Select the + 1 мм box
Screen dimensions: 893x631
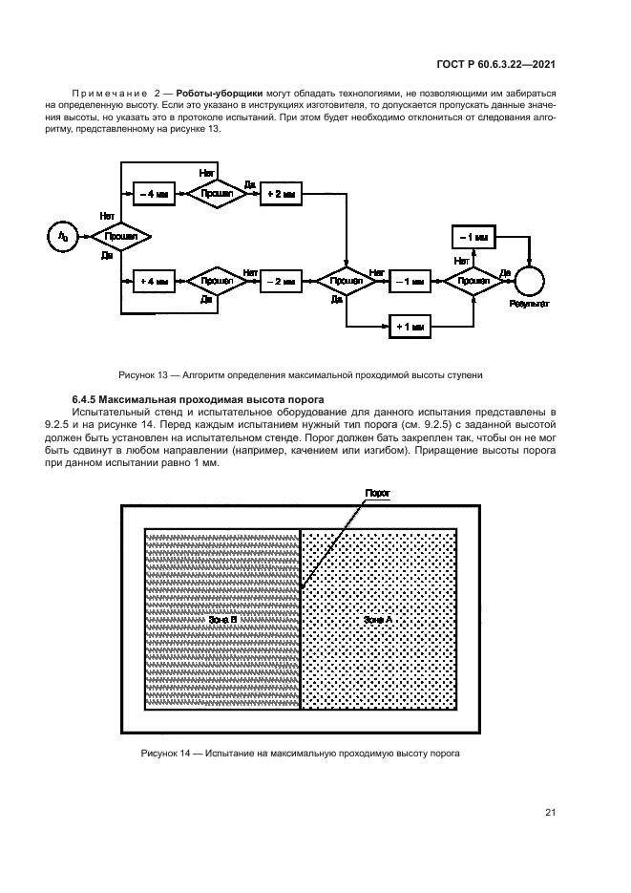coord(410,326)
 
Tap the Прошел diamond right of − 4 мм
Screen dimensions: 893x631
coord(215,192)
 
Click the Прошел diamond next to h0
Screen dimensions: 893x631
coord(119,235)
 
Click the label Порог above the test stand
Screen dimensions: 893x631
coord(378,493)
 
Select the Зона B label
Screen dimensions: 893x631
coord(222,620)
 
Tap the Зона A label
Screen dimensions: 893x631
coord(378,620)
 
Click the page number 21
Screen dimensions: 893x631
coord(551,813)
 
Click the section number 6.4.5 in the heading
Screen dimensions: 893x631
coord(85,398)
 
